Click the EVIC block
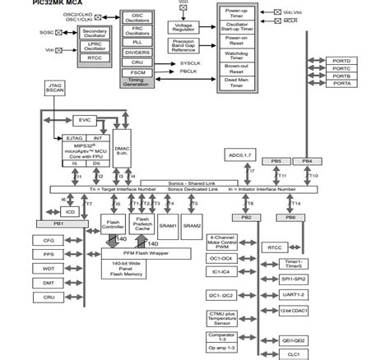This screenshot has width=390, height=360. pyautogui.click(x=85, y=120)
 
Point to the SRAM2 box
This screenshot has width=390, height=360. pyautogui.click(x=192, y=224)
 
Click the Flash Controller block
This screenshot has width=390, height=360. pyautogui.click(x=114, y=224)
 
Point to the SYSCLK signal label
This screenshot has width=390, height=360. pyautogui.click(x=189, y=62)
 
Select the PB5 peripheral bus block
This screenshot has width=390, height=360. pyautogui.click(x=276, y=161)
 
